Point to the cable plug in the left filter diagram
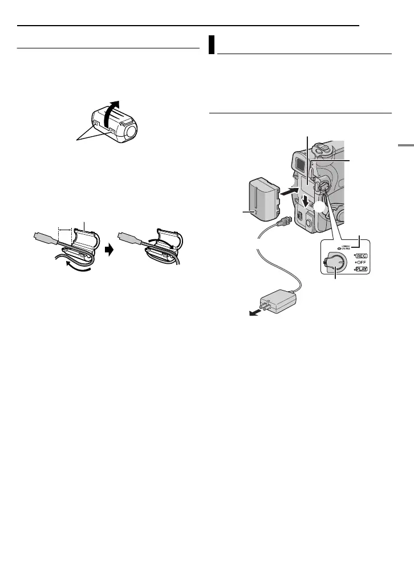click(x=44, y=238)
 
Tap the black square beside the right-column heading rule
click(x=211, y=45)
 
